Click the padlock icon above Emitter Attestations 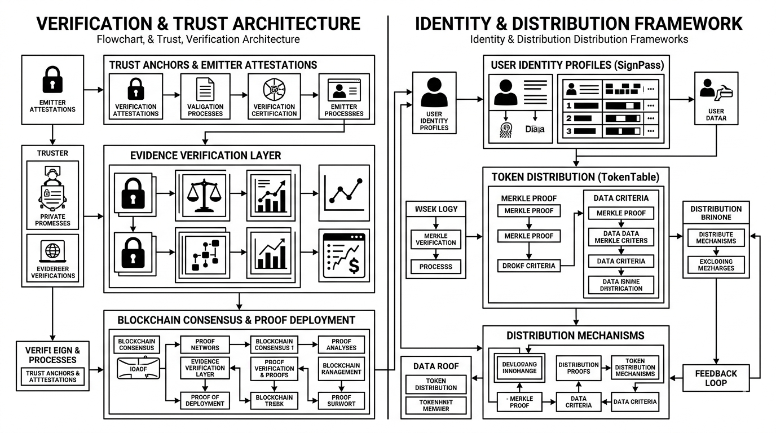tap(52, 79)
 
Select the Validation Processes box tap(205, 98)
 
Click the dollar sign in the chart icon tap(354, 265)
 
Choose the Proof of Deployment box tap(204, 400)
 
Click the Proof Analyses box tap(341, 344)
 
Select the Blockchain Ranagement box tap(341, 369)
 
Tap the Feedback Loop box tap(716, 378)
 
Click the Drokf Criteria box tap(528, 266)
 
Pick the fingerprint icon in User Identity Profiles tap(505, 129)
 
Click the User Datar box tap(716, 98)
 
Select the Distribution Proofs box tap(579, 368)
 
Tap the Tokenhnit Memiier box tap(435, 405)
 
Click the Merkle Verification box tap(436, 239)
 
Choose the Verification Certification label tap(274, 110)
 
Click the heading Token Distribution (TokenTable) tap(575, 176)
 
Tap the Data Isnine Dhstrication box tap(620, 285)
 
